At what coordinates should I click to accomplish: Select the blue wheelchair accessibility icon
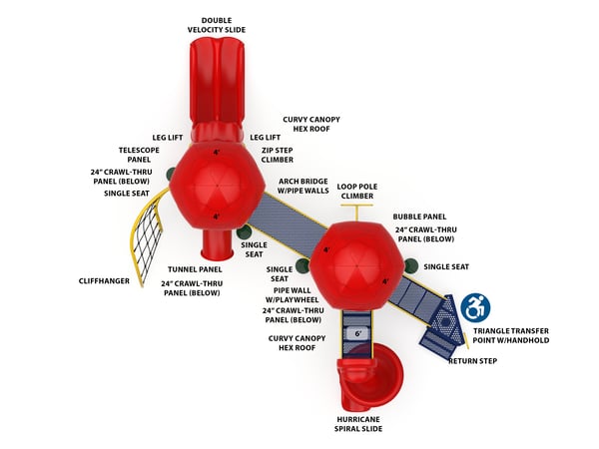[x=476, y=307]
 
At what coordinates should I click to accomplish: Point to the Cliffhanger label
[x=104, y=281]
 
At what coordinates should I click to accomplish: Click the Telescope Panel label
[x=139, y=154]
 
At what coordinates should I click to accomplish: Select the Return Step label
[x=472, y=360]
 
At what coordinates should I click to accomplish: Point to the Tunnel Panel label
[x=196, y=268]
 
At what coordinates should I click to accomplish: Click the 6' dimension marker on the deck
[x=356, y=331]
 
